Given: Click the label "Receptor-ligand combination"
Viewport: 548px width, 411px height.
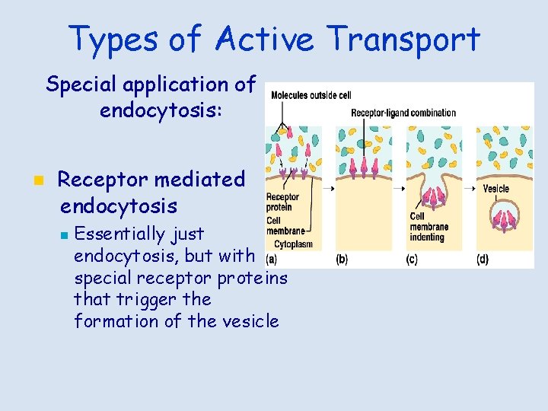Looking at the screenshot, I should [403, 113].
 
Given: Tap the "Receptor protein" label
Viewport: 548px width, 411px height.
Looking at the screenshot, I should [282, 202].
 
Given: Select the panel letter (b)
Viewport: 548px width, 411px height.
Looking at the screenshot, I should [342, 260].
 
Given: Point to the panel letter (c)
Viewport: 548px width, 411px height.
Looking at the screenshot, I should [411, 260].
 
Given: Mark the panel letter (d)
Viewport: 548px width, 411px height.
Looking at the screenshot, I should [482, 260].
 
